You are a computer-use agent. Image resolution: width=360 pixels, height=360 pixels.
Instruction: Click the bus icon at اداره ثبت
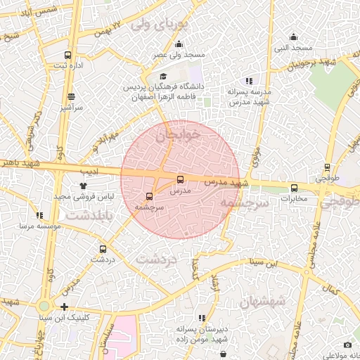[67, 55]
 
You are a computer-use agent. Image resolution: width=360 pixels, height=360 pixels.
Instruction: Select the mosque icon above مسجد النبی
[293, 37]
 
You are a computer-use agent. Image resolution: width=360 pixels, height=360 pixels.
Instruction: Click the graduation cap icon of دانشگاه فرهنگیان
[163, 77]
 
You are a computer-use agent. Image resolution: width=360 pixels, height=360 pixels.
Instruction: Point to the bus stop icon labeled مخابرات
[294, 188]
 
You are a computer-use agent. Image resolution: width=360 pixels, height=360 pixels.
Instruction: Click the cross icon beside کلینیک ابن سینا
[65, 307]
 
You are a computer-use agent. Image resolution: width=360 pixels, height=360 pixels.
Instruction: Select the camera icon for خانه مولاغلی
[347, 345]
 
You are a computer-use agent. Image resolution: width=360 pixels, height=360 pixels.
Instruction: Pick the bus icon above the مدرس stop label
[181, 179]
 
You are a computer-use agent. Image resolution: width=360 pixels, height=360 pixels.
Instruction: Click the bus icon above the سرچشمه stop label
[148, 197]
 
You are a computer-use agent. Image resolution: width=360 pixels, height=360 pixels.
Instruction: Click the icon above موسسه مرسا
[39, 215]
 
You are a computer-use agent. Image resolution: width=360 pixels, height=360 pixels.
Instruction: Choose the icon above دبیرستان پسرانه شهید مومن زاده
[202, 318]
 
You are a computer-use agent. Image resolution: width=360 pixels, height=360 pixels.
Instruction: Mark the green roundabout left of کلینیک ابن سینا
[44, 306]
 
